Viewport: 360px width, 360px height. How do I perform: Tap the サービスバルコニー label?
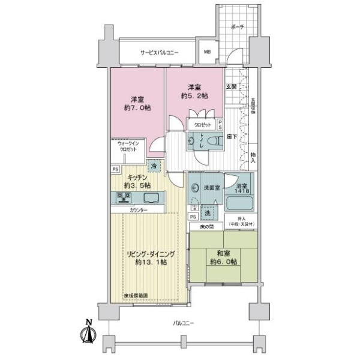pyautogui.click(x=159, y=53)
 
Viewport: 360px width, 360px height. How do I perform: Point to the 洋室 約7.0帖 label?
pyautogui.click(x=137, y=103)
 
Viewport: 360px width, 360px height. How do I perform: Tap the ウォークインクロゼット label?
pyautogui.click(x=129, y=148)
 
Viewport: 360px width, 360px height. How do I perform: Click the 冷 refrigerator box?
pyautogui.click(x=154, y=166)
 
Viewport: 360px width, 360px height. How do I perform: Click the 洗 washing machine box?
pyautogui.click(x=207, y=214)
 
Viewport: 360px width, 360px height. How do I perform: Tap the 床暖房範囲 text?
pyautogui.click(x=136, y=296)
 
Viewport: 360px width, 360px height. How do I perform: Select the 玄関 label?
pyautogui.click(x=232, y=88)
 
